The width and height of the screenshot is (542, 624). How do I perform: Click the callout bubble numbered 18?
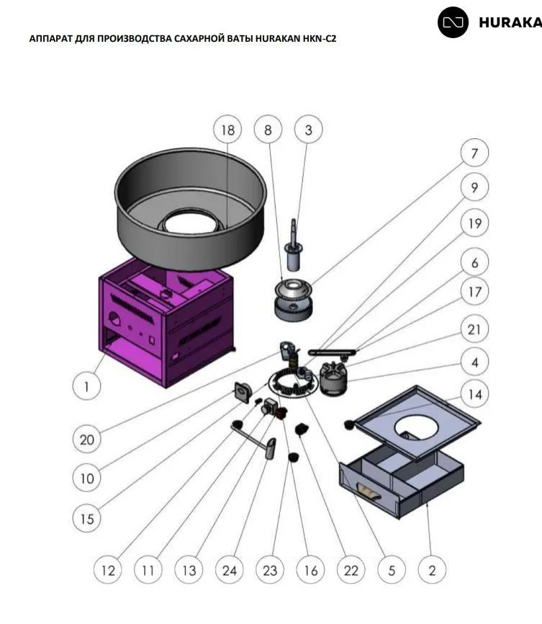[227, 130]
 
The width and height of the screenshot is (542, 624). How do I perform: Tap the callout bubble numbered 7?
[474, 153]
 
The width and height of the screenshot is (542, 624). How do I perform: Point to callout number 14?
[475, 394]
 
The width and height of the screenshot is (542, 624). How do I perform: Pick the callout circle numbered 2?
[432, 571]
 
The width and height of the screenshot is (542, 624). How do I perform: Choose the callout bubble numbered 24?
[229, 571]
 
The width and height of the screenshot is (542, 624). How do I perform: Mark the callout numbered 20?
[86, 438]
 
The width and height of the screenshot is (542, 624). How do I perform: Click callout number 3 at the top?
[309, 130]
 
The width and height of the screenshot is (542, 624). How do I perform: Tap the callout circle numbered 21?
[474, 330]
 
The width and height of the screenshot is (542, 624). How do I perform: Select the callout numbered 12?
[108, 571]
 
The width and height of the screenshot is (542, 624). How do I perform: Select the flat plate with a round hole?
[417, 422]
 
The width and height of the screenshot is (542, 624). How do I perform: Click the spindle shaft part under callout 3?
[294, 246]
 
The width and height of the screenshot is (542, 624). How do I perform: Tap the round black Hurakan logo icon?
[453, 22]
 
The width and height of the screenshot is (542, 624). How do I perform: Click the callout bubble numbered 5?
[392, 571]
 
